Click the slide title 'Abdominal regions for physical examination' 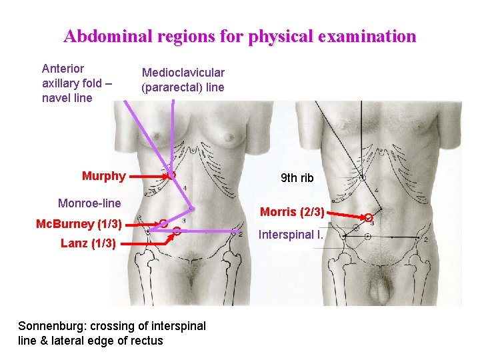[x=240, y=36]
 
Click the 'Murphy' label [x=103, y=176]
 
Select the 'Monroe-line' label [x=89, y=203]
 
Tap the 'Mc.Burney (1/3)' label [x=79, y=223]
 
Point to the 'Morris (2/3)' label [x=292, y=212]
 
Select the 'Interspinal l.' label [x=291, y=235]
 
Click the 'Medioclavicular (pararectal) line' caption [x=183, y=80]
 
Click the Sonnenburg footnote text [x=111, y=333]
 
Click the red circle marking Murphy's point [x=171, y=175]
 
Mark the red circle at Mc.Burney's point [x=163, y=223]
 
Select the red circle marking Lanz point [x=177, y=231]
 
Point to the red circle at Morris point [x=368, y=217]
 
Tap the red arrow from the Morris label [x=345, y=214]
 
